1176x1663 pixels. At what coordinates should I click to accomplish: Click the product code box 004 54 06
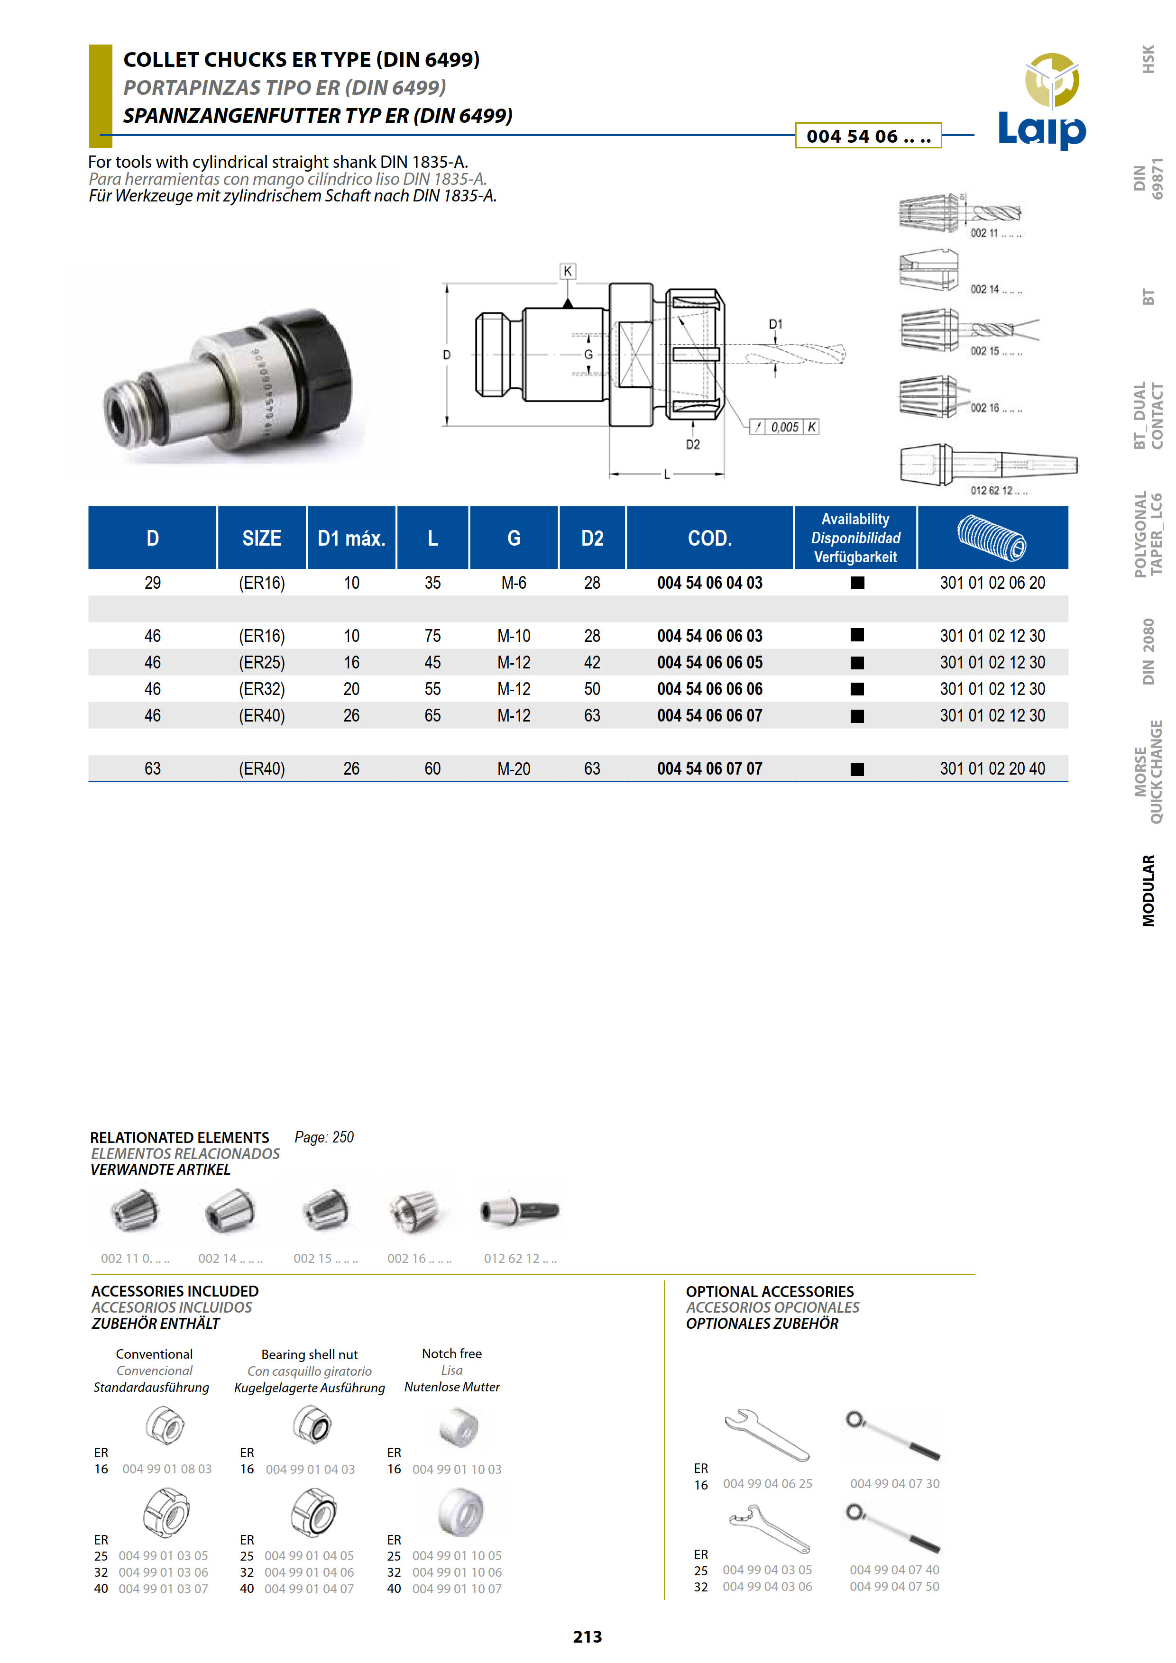click(868, 136)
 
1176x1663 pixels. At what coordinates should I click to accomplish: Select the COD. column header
click(709, 538)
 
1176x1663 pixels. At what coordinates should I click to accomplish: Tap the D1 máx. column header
click(351, 538)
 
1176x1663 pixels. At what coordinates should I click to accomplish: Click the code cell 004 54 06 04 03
click(709, 583)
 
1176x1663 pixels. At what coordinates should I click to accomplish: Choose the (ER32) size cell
click(262, 689)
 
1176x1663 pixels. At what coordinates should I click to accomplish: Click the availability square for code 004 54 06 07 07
click(857, 769)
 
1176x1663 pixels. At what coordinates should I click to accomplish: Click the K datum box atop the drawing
click(568, 271)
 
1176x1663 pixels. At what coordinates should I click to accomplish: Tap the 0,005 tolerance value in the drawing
click(784, 427)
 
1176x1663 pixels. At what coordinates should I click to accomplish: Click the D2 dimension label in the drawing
click(693, 445)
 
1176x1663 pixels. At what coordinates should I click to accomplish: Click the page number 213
click(587, 1636)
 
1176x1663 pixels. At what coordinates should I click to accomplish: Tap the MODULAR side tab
click(1148, 890)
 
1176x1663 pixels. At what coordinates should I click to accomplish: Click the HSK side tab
click(1148, 59)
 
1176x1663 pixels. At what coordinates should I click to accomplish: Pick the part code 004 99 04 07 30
click(894, 1483)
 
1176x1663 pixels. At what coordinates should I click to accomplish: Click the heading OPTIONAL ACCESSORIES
click(770, 1291)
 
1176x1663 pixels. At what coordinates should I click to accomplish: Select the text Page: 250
click(324, 1137)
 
